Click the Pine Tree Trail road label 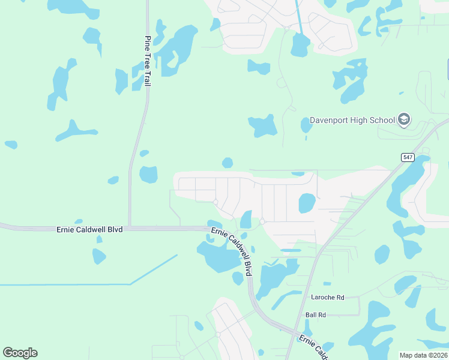147,61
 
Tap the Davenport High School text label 352,120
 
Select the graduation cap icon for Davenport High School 404,120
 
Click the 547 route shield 408,157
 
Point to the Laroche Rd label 327,297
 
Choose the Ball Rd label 315,314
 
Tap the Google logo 20,353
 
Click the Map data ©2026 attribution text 423,355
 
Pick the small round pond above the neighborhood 227,163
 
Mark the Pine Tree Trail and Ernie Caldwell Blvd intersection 129,228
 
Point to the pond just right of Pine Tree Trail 148,175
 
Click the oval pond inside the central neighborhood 307,203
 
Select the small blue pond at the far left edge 11,145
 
